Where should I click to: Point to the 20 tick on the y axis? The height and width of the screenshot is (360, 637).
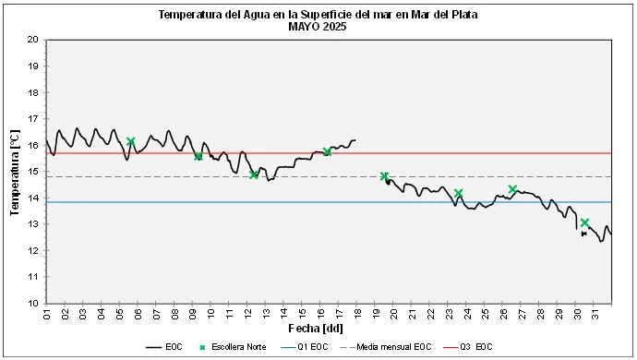pyautogui.click(x=32, y=40)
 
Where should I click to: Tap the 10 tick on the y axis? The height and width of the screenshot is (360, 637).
pyautogui.click(x=32, y=303)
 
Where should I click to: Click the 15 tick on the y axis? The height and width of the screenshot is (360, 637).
pyautogui.click(x=32, y=172)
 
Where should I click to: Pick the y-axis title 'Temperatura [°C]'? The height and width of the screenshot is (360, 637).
pyautogui.click(x=15, y=172)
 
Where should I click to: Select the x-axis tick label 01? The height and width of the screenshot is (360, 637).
pyautogui.click(x=47, y=315)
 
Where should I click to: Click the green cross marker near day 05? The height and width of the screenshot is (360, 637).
pyautogui.click(x=131, y=141)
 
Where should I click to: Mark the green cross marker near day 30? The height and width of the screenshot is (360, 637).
pyautogui.click(x=584, y=222)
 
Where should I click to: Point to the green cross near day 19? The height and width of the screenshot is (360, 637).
pyautogui.click(x=384, y=176)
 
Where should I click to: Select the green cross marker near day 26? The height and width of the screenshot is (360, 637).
pyautogui.click(x=512, y=189)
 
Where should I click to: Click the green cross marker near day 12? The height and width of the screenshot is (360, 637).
pyautogui.click(x=254, y=174)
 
